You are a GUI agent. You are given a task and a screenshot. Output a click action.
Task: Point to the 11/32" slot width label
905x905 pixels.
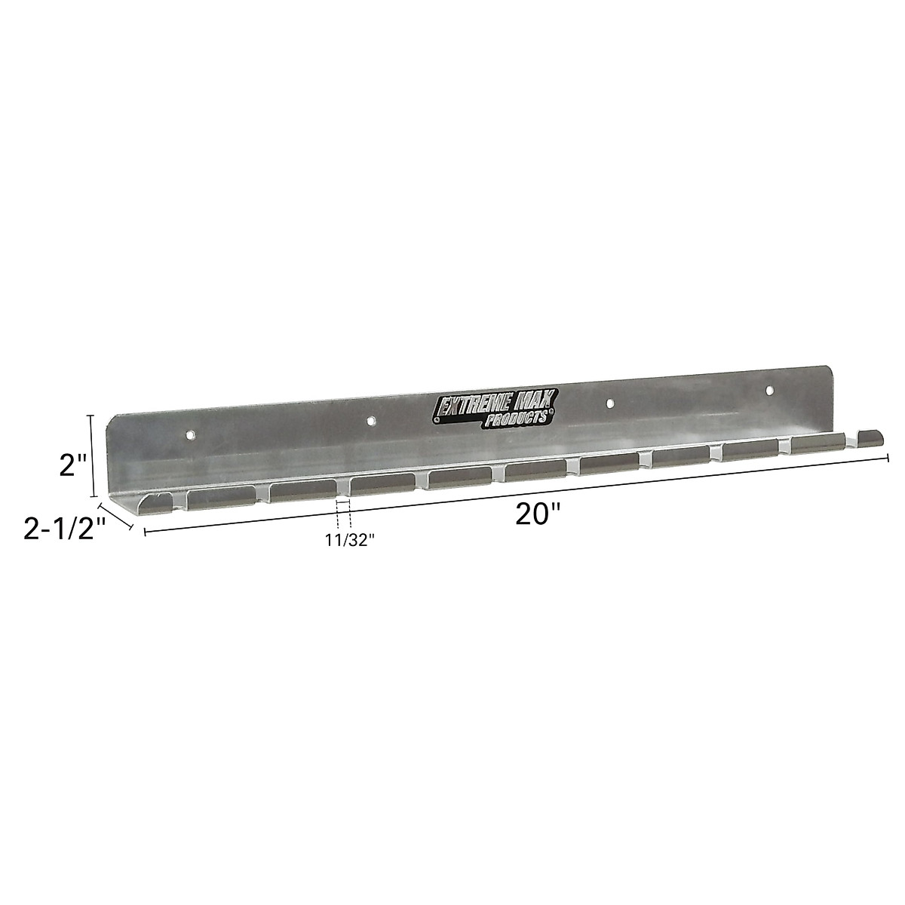[x=351, y=541]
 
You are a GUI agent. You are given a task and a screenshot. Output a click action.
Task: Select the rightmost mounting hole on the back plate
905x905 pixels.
[x=770, y=391]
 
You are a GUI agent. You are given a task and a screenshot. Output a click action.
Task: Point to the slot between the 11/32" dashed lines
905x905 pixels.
[x=343, y=487]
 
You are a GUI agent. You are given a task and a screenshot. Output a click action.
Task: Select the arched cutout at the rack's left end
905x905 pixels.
[x=159, y=502]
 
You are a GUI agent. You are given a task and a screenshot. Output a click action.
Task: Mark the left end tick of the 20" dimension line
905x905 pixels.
[x=144, y=532]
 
